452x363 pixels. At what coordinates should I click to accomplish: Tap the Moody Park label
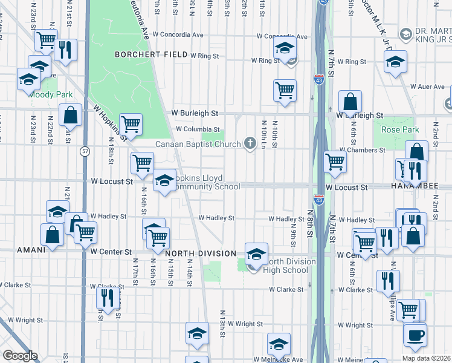51,95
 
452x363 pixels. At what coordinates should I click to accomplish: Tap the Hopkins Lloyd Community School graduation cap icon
164,180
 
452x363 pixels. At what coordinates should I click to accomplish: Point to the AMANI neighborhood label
31,249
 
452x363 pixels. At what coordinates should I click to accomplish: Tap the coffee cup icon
415,335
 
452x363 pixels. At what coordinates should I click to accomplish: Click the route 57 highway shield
85,151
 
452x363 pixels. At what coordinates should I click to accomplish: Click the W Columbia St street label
198,129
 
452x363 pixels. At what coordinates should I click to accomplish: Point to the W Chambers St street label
362,149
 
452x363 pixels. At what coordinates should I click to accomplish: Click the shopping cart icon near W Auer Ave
285,91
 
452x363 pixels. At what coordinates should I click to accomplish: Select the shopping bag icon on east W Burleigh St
350,102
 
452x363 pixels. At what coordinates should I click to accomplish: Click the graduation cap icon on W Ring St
283,50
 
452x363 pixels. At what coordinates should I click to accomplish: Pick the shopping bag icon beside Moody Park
70,115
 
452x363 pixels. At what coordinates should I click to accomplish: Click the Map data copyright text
425,358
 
